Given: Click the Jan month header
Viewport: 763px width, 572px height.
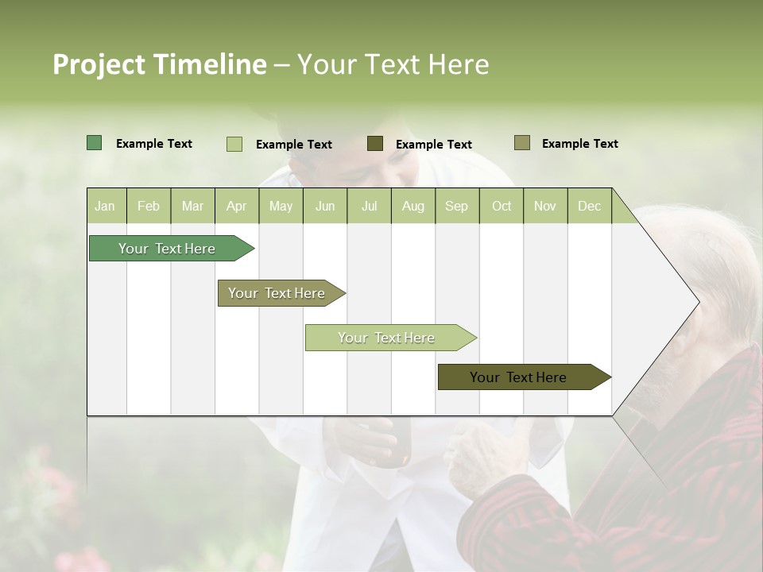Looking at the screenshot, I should (106, 206).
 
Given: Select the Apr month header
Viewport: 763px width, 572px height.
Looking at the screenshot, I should (237, 206).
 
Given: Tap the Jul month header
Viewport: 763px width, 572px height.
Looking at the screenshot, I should (369, 206).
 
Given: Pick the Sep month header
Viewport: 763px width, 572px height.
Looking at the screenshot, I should (456, 206).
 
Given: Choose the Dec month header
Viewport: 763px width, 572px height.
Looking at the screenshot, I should (589, 206).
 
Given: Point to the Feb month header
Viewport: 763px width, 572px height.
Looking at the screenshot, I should (149, 206).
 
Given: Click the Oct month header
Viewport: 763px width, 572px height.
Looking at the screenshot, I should (502, 206).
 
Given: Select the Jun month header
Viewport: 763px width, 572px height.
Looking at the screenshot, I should (325, 206).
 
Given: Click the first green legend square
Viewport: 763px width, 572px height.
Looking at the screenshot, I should (94, 143).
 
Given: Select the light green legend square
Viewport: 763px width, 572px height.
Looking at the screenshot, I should (234, 144).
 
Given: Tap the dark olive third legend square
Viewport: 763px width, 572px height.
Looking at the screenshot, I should (375, 143).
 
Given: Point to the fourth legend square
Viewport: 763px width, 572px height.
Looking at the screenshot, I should (521, 143).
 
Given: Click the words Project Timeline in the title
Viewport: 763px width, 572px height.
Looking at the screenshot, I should (159, 64).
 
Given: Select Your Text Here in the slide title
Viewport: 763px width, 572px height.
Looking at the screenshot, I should (393, 64).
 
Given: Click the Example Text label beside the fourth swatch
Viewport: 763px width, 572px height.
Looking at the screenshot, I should (579, 144).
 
